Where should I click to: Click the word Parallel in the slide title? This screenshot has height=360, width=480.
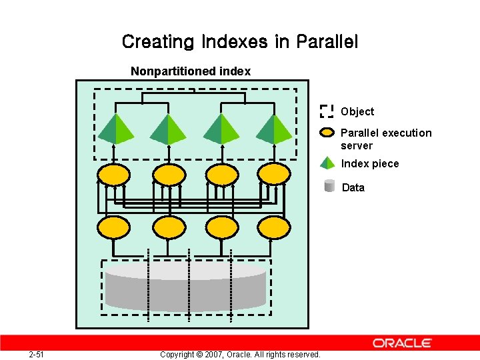click(326, 42)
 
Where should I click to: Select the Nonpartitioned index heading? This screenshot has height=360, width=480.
click(191, 71)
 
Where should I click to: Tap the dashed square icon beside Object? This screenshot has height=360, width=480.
click(327, 111)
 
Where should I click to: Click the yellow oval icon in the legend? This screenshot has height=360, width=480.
click(327, 132)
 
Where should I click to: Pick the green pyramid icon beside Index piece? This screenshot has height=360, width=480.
click(327, 163)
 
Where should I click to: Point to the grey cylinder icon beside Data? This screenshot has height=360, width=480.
click(329, 187)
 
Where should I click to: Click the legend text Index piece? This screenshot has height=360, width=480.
click(370, 164)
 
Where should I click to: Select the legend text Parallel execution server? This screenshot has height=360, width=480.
click(385, 139)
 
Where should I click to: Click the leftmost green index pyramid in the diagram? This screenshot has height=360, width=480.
click(116, 129)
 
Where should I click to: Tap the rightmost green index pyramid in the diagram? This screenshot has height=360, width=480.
click(274, 129)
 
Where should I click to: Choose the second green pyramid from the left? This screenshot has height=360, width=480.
click(168, 129)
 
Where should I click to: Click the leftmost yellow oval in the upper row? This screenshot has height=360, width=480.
click(113, 175)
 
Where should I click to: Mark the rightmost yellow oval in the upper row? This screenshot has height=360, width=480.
click(274, 175)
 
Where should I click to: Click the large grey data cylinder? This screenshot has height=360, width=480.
click(185, 287)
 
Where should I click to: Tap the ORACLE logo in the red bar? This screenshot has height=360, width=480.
click(403, 343)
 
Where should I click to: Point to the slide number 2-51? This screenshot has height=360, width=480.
click(37, 354)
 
